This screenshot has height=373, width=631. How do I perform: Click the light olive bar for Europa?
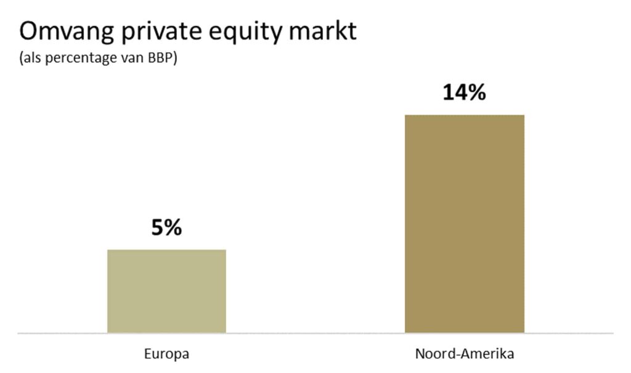click(x=166, y=291)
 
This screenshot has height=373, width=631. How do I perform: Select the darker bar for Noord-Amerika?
click(x=464, y=223)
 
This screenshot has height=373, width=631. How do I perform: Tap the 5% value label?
click(x=166, y=227)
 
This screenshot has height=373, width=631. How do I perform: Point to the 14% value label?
click(x=464, y=92)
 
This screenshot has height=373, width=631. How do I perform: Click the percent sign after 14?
click(x=476, y=92)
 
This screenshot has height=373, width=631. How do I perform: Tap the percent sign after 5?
click(x=173, y=227)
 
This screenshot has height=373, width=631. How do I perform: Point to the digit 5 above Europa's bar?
click(x=157, y=227)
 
